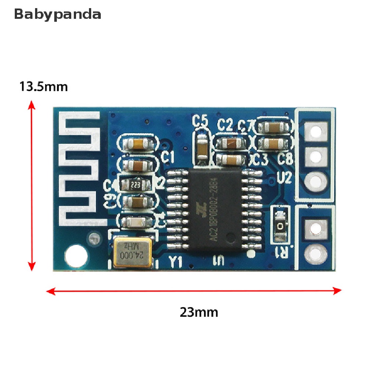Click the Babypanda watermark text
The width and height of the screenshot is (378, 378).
pos(57,14)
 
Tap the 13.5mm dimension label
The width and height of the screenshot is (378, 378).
pos(44,87)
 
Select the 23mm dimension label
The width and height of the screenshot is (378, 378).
pos(199,312)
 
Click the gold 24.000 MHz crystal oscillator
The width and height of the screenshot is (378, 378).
pos(133,252)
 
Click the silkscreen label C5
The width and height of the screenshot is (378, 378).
pos(201,121)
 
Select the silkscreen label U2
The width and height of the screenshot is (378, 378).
pos(284,178)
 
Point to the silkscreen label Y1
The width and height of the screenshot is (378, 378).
pos(175,263)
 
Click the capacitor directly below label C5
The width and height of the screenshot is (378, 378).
pos(202,147)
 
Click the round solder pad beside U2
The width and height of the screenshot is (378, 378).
pos(316,181)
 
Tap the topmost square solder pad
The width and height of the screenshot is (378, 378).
pos(316,131)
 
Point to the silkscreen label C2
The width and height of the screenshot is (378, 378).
pos(225,125)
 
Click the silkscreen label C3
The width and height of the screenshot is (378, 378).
pos(261,159)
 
